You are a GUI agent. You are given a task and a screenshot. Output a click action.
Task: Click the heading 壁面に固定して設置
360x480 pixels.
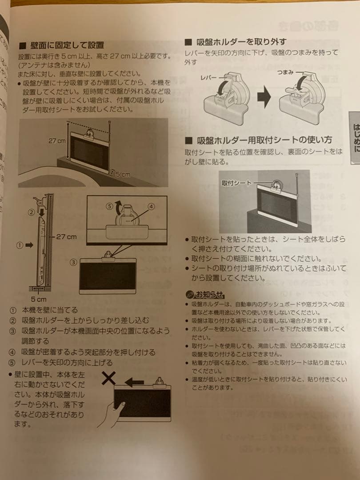coord(67,45)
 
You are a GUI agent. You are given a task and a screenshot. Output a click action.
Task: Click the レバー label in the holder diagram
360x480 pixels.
coord(215,77)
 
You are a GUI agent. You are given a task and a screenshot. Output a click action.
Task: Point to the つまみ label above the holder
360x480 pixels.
coord(285,72)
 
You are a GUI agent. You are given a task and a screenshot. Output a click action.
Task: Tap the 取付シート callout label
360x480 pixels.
coord(236,183)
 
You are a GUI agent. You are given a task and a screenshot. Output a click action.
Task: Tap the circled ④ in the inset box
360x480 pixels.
coord(151,206)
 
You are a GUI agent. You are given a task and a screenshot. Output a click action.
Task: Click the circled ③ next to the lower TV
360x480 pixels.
coord(74,262)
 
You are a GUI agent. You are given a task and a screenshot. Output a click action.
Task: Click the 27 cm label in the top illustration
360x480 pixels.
coord(57,140)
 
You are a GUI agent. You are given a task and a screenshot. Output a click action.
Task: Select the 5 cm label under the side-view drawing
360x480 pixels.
coord(39,299)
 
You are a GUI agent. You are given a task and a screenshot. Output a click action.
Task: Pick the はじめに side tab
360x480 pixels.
coord(354,138)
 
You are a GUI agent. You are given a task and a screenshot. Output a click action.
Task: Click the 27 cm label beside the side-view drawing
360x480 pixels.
coord(66,236)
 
